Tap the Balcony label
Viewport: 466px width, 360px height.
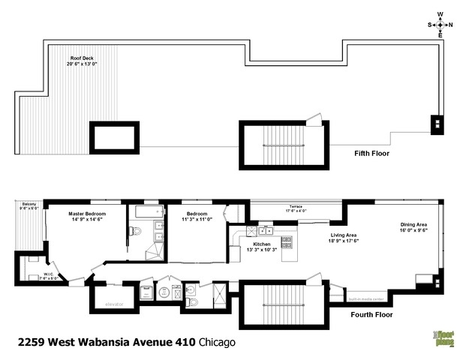coord(29,204)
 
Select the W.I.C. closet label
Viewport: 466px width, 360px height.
coord(47,274)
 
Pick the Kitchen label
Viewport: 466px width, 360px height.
coord(261,244)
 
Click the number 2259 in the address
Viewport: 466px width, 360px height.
coord(31,342)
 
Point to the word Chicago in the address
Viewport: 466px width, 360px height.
coord(217,342)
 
